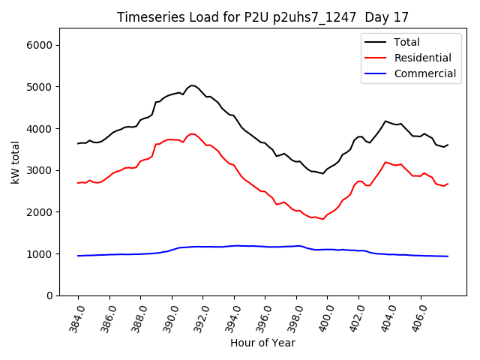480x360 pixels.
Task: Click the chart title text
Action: coord(262,17)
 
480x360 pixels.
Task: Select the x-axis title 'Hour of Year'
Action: coord(262,343)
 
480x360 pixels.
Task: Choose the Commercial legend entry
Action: coord(424,73)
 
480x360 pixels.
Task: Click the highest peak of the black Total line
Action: coord(192,85)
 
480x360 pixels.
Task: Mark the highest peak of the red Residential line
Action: coord(192,133)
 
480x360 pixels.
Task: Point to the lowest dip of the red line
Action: coord(322,219)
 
